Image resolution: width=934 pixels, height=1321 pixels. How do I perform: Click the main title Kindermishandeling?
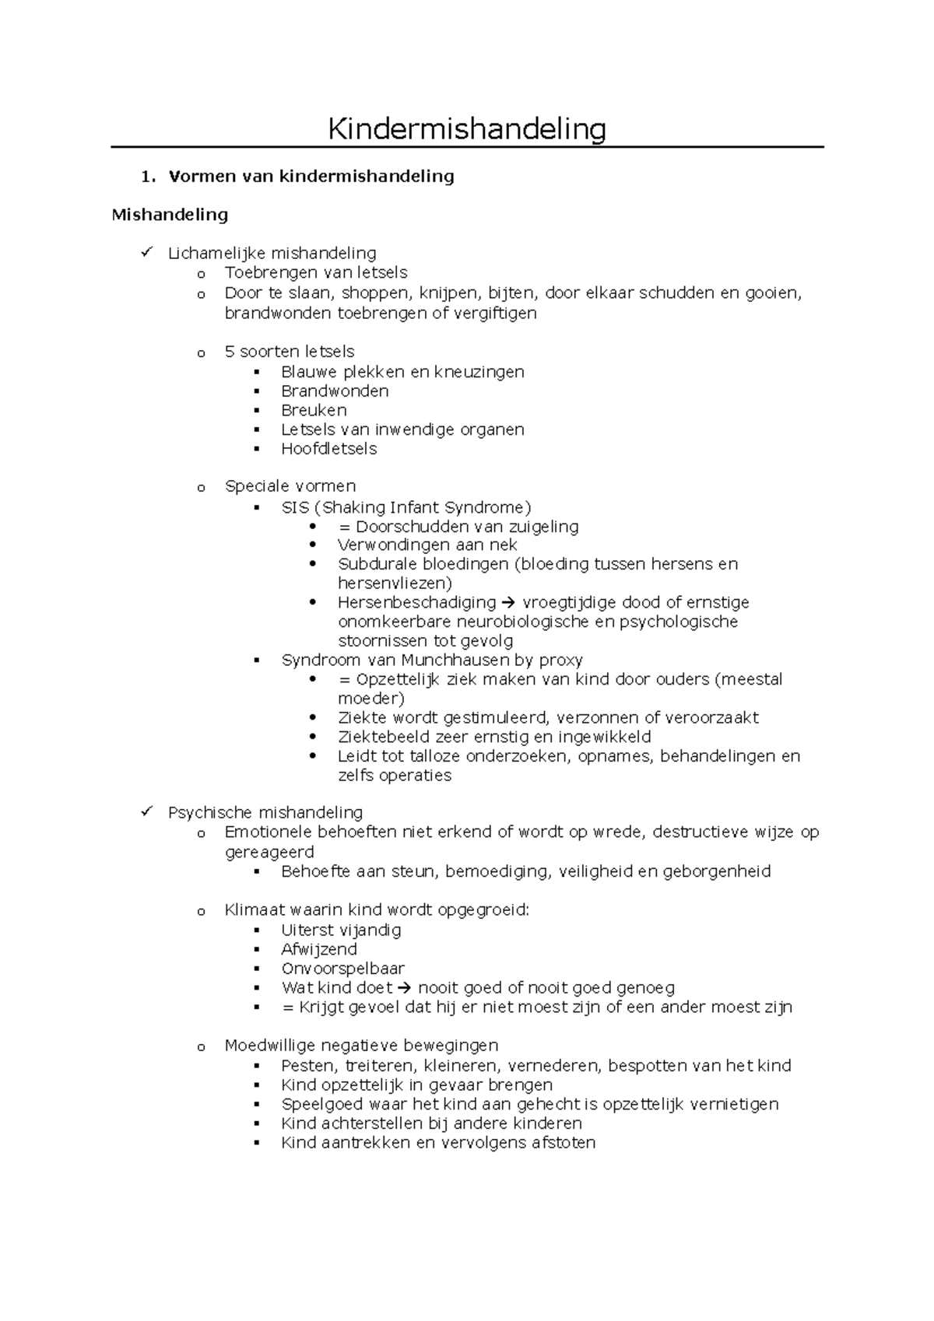[466, 129]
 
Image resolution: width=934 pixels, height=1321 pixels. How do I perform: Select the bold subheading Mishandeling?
[170, 215]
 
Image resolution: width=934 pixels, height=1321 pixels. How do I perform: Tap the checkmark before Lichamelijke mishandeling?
[147, 252]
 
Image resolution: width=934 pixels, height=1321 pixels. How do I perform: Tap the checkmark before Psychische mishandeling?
[147, 812]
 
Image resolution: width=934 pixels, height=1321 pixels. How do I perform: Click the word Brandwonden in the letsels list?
[335, 391]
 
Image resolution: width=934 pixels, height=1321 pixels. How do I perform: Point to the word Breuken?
[314, 410]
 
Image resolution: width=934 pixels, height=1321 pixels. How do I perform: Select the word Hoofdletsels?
[328, 449]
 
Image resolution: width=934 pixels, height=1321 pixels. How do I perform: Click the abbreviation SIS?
[295, 508]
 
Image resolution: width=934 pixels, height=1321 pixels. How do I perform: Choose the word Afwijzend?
[319, 949]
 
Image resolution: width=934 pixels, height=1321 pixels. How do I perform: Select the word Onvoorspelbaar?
[342, 969]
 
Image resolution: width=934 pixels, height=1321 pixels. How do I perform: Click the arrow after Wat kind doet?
[402, 988]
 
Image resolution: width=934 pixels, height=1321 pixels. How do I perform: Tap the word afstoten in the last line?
[564, 1143]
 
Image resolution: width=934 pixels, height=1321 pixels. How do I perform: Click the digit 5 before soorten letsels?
[230, 352]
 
